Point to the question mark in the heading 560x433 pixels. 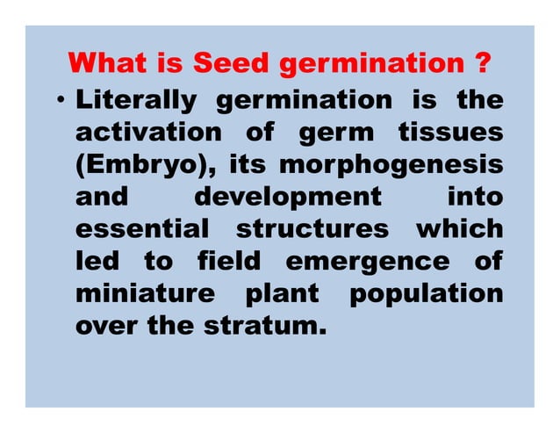point(481,64)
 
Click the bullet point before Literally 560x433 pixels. point(61,101)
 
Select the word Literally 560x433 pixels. point(136,100)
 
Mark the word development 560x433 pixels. point(288,196)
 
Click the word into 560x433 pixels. point(476,196)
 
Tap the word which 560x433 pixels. point(459,228)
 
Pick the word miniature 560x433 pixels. point(145,292)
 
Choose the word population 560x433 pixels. point(427,293)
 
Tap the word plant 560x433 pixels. point(282,293)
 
